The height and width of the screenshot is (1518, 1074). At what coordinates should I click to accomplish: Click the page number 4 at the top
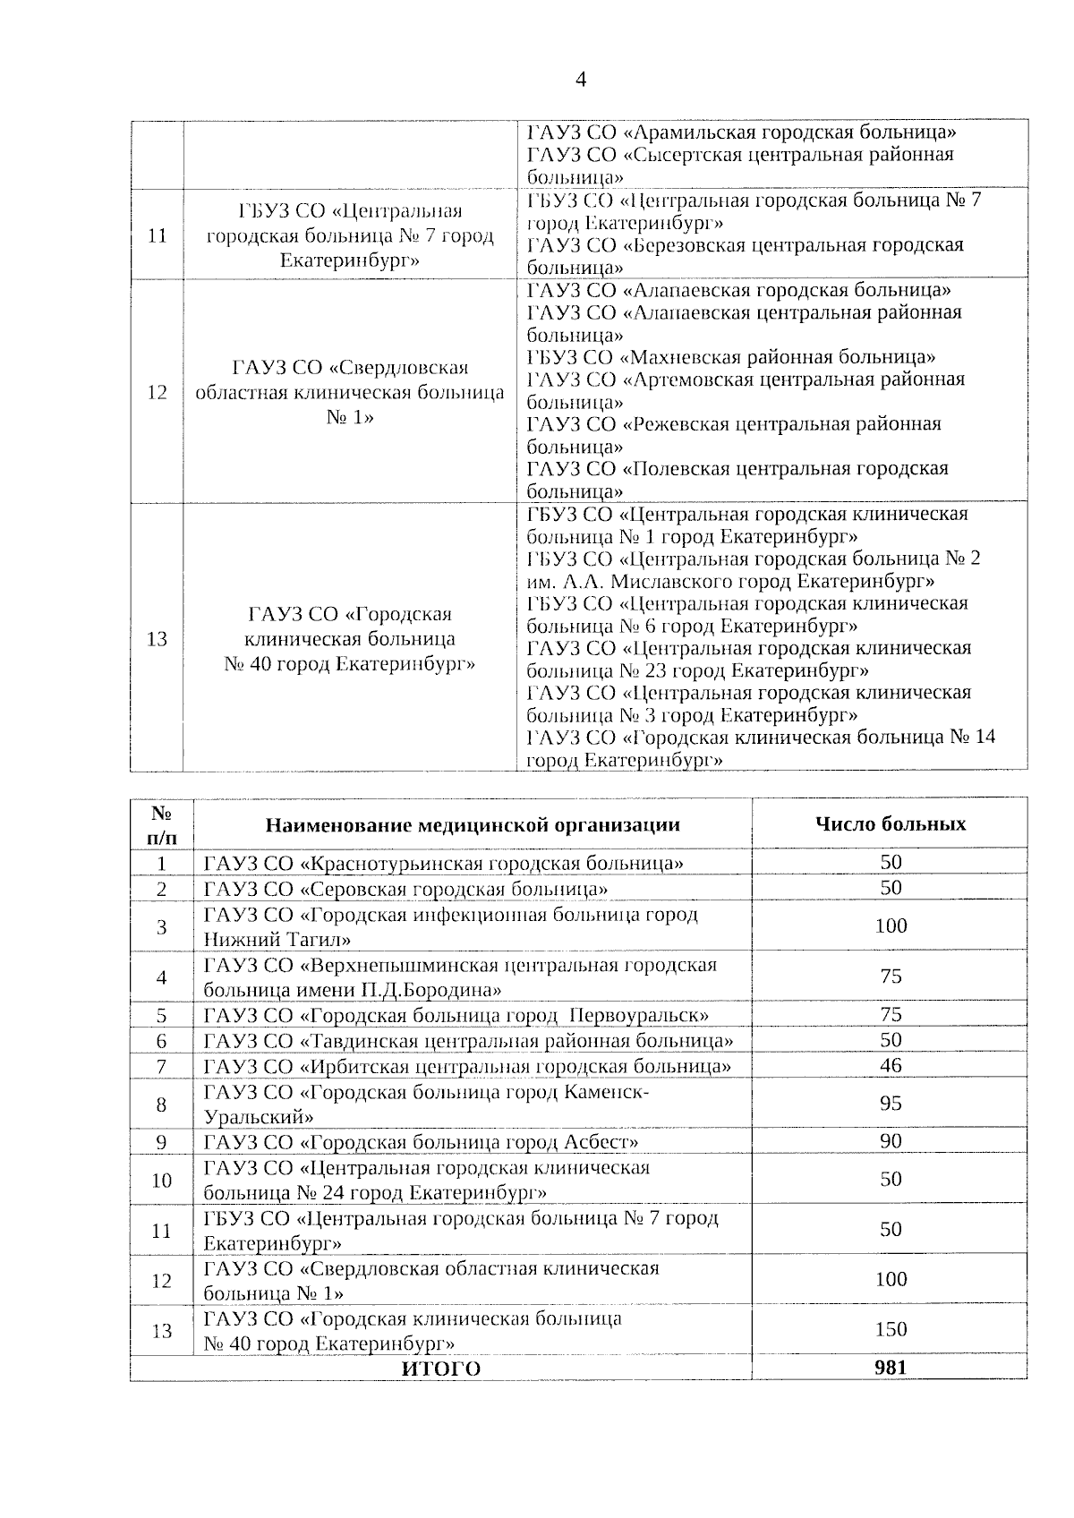[580, 81]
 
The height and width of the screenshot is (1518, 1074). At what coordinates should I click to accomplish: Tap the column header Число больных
[890, 823]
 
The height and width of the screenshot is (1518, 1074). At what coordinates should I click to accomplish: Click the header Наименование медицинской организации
[472, 824]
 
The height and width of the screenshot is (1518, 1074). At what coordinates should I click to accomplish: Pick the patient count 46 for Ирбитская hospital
[890, 1065]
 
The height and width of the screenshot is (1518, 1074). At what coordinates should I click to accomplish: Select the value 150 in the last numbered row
[890, 1329]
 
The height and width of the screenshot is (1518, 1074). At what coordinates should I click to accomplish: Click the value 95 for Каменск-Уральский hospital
[890, 1104]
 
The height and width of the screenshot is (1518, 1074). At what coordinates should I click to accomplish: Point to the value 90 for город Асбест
[890, 1141]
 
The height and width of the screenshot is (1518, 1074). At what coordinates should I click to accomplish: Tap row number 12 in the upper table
[157, 392]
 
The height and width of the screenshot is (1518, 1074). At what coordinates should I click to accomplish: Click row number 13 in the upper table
[157, 639]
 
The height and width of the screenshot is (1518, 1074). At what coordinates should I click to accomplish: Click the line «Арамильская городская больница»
[741, 132]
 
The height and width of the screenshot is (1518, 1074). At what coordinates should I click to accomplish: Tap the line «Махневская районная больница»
[731, 357]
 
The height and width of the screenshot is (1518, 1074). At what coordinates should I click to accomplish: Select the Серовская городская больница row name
[406, 889]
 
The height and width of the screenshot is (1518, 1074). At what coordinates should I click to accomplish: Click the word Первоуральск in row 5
[638, 1015]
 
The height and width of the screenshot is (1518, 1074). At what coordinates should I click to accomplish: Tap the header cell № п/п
[161, 824]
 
